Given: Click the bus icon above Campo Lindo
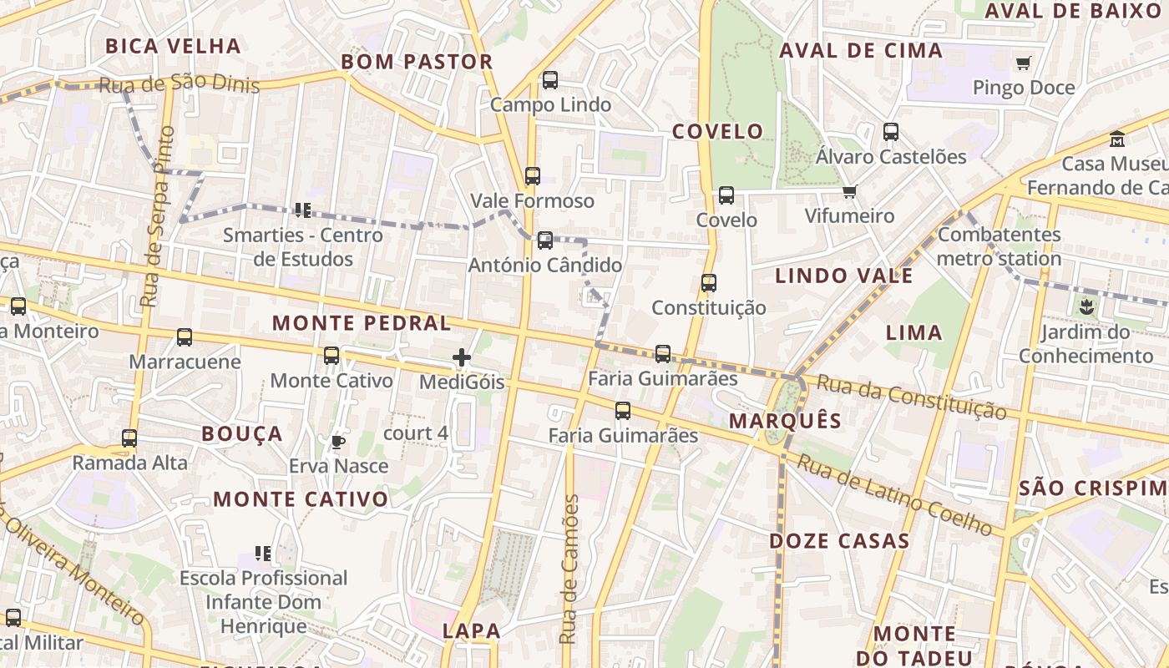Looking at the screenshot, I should [549, 80].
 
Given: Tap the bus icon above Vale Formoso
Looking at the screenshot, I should [532, 176].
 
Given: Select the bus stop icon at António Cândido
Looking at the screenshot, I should [544, 240].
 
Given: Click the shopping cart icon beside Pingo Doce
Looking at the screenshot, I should [1024, 63].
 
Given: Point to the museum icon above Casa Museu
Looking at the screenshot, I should [1117, 139].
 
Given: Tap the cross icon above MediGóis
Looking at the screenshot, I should [461, 357].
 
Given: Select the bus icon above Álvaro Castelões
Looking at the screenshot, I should [891, 132].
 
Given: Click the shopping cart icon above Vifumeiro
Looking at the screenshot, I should [849, 192].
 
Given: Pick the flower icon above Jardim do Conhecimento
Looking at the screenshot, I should [1085, 307].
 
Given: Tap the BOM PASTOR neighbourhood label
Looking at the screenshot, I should [417, 62].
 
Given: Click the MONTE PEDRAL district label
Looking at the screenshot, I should [362, 323].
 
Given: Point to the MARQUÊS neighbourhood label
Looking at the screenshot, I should [785, 421].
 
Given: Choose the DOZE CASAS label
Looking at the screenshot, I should [839, 541].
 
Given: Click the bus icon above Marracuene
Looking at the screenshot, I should [184, 337].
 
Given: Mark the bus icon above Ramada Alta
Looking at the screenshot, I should [129, 438].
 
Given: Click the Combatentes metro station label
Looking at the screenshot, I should [999, 246].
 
